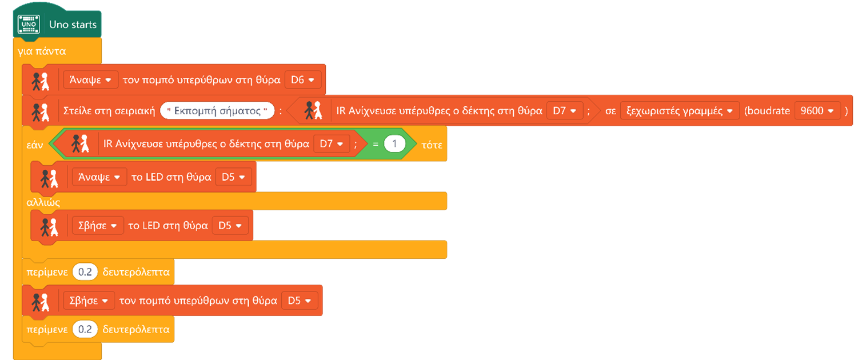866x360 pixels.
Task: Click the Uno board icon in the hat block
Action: coord(29,25)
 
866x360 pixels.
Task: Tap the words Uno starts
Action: coord(73,25)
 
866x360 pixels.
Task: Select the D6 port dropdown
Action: coord(302,80)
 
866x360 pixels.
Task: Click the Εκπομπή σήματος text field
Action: coord(217,110)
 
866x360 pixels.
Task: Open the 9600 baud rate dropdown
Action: coord(817,110)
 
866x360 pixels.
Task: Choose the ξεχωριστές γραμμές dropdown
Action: coord(679,110)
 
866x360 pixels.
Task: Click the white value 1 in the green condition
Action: coord(394,145)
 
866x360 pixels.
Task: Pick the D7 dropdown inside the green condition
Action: coord(332,145)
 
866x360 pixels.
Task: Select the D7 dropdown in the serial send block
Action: coord(564,110)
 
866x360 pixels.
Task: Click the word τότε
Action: coord(432,145)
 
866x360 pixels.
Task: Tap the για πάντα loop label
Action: coord(42,51)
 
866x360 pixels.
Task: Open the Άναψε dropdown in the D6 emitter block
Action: coord(90,80)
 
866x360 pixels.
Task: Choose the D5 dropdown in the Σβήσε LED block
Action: coord(230,226)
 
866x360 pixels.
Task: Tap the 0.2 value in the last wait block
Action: coord(85,329)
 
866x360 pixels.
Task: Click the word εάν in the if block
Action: coord(35,145)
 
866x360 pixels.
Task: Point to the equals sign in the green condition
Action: coord(376,145)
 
